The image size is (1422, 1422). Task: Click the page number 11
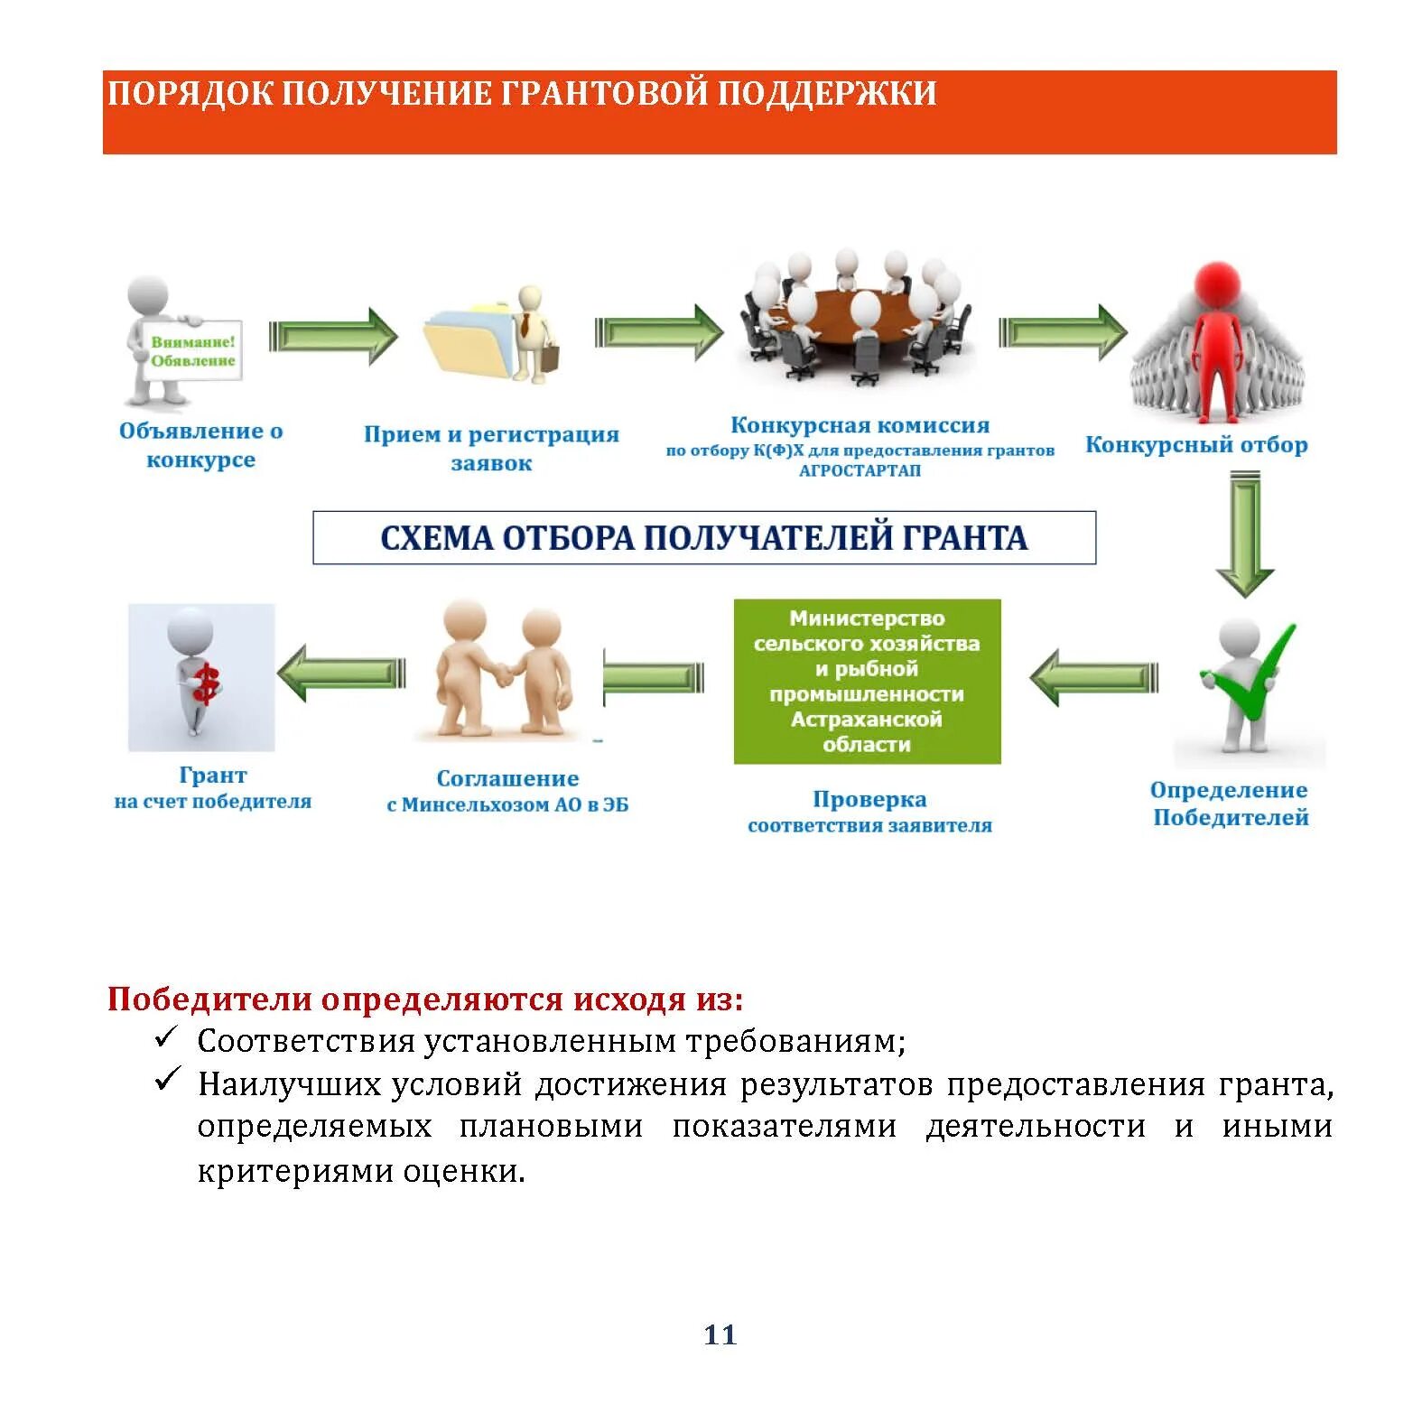point(720,1334)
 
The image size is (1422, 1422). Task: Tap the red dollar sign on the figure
point(207,683)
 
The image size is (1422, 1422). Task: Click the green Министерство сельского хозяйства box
point(867,681)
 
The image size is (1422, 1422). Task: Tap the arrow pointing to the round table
point(658,332)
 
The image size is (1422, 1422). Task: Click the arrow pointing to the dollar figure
point(340,674)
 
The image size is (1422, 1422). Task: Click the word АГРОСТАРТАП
point(860,470)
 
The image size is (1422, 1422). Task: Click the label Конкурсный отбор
point(1195,444)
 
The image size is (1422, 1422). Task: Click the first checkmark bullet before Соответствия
point(167,1038)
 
